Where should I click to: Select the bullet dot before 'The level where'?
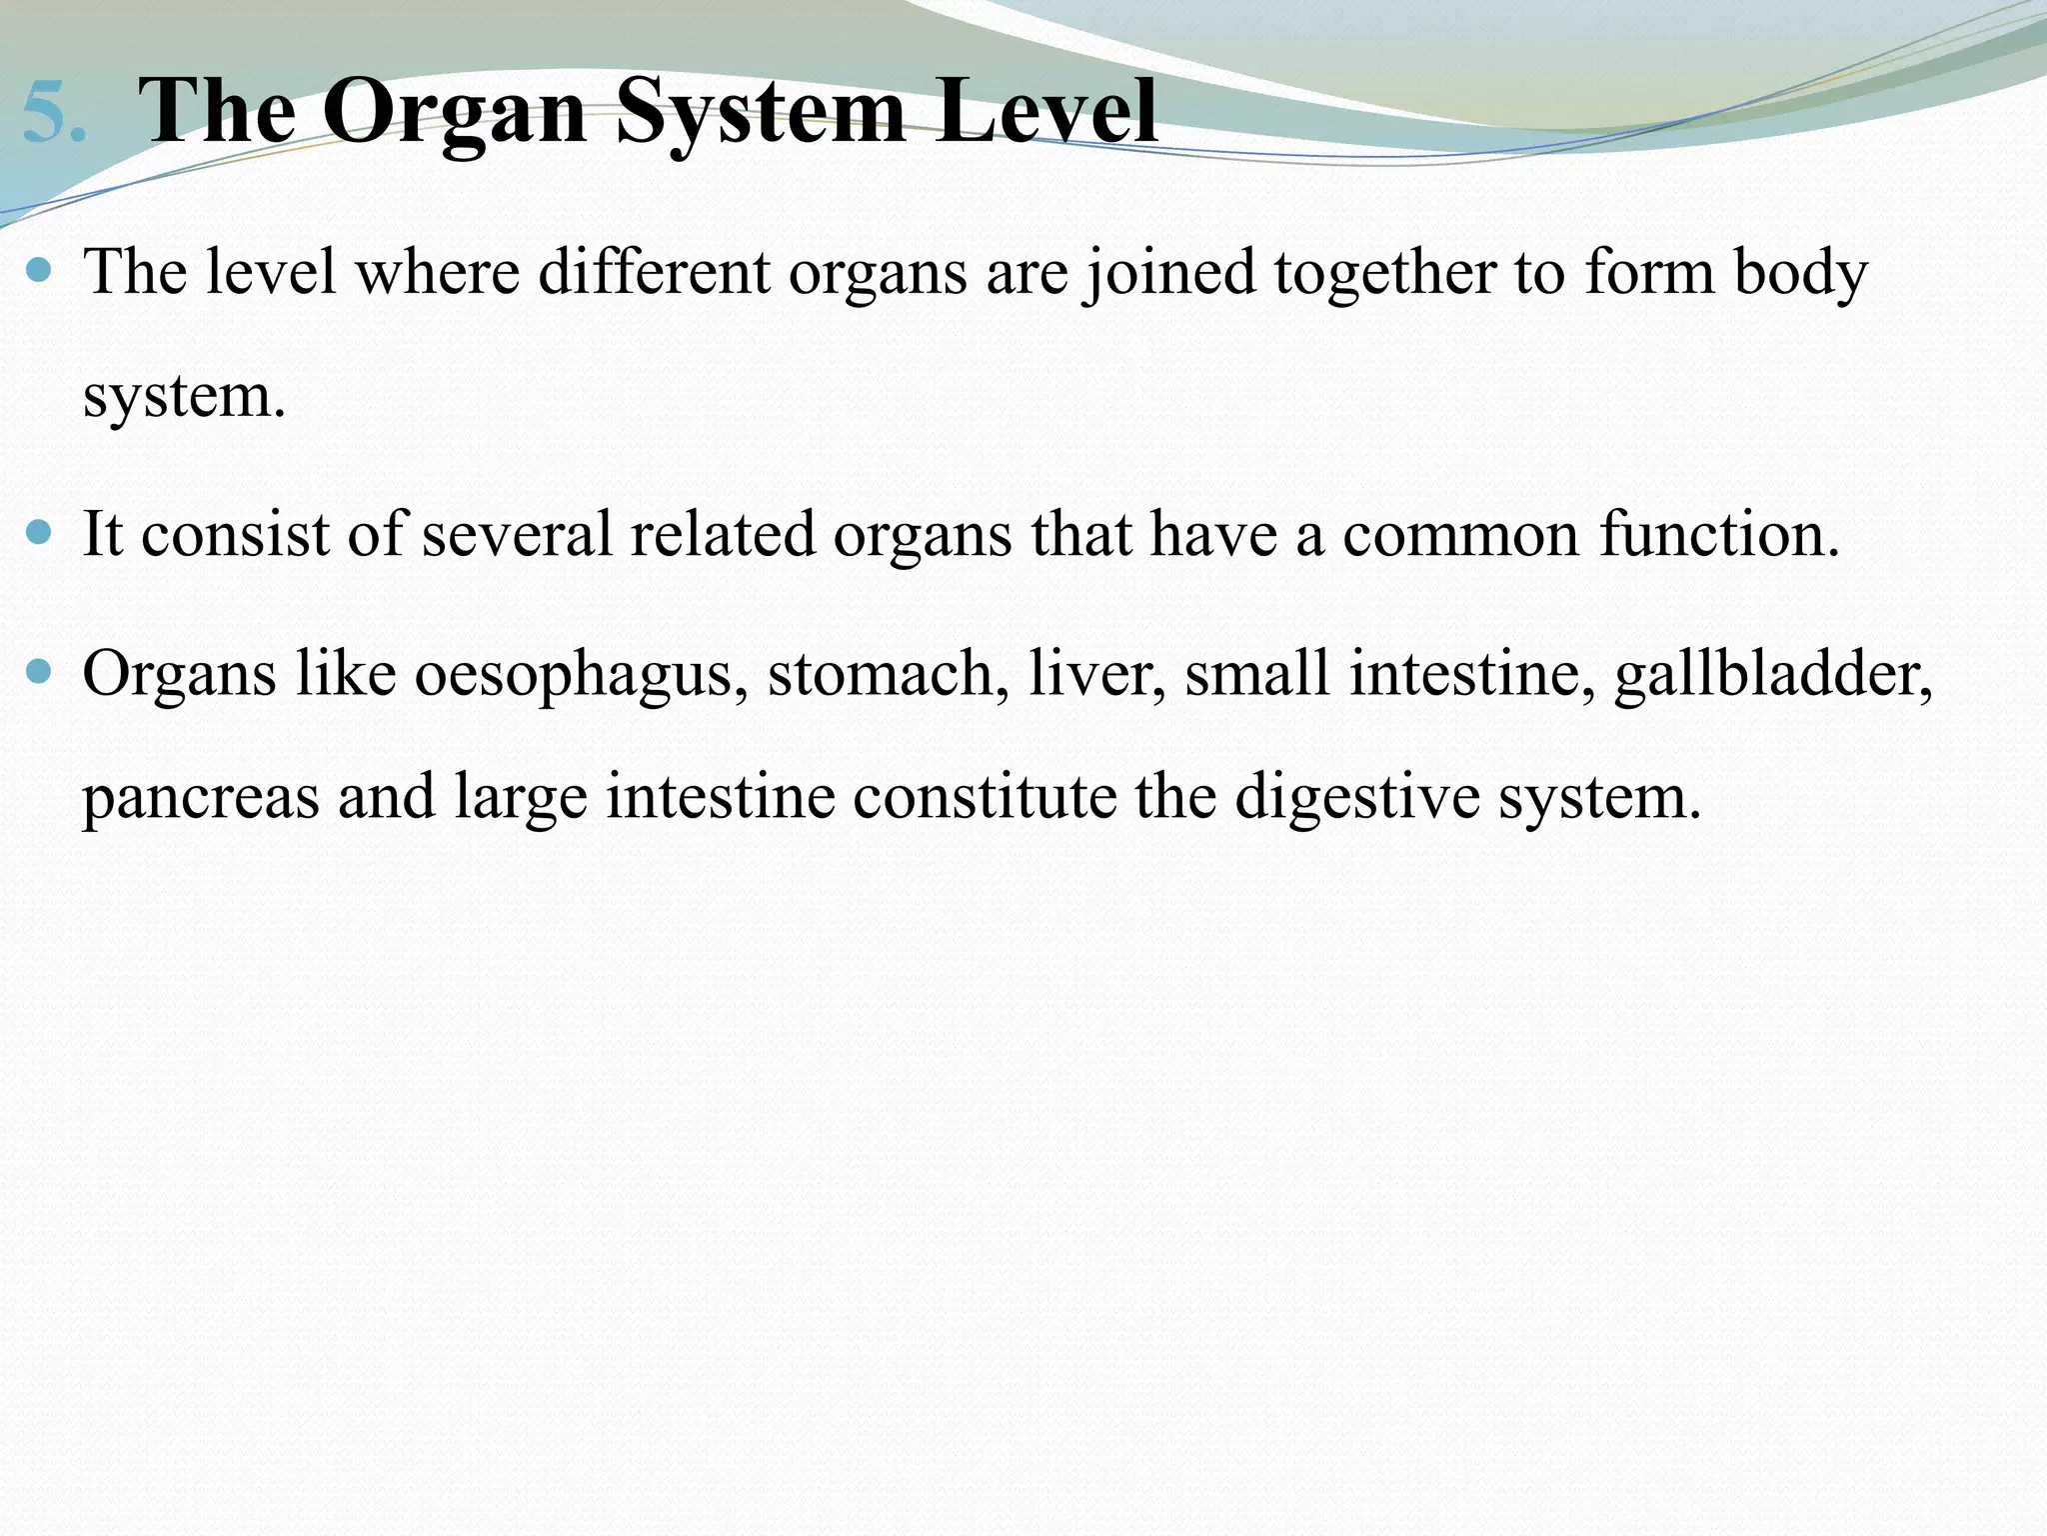pos(40,270)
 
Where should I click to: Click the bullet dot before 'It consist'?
pos(40,532)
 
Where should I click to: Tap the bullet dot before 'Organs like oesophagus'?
pos(40,672)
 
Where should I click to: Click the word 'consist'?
pos(234,534)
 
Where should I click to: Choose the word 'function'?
pos(1709,534)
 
